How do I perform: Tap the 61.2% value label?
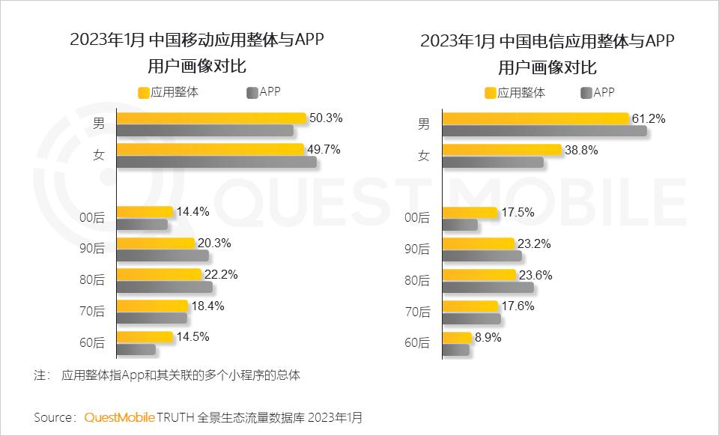coord(648,118)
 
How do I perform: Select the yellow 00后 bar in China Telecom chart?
coord(470,213)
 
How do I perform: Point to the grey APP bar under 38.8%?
coord(493,162)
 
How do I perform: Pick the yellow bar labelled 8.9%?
coord(457,338)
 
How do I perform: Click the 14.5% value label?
coord(193,336)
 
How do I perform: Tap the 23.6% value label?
coord(535,275)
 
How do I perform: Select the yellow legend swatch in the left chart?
coord(144,93)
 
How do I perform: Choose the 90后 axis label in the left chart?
coord(92,249)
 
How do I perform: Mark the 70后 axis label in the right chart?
coord(417,312)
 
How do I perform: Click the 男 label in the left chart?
coord(98,124)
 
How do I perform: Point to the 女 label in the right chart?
coord(423,156)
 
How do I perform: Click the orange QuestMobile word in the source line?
coord(119,417)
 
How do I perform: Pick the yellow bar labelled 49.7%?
coord(210,149)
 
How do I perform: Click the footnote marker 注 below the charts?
coord(40,375)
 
